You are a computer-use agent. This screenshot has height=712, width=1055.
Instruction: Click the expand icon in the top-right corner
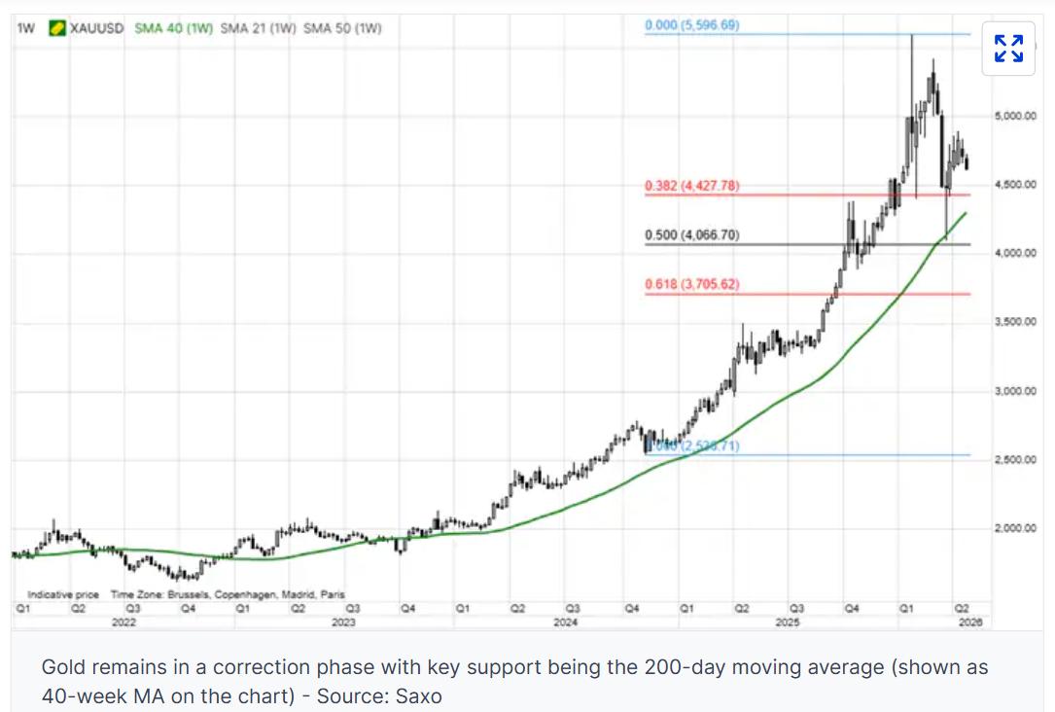(x=1008, y=48)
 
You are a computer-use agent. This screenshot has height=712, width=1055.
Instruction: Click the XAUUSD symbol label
(x=97, y=28)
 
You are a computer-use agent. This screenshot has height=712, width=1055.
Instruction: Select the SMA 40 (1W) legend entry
(x=172, y=28)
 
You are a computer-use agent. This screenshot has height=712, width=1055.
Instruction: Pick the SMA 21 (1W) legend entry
(x=258, y=28)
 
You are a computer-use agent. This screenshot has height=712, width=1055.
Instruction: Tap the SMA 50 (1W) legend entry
(x=342, y=28)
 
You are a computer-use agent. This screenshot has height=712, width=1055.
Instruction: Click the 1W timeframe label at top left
(x=26, y=28)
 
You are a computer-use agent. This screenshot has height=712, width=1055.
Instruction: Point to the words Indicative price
(x=63, y=594)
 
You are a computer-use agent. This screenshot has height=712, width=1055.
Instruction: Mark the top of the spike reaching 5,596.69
(x=912, y=35)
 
